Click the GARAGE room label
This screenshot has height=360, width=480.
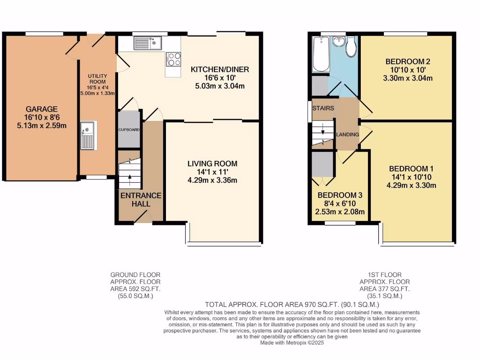pyautogui.click(x=42, y=109)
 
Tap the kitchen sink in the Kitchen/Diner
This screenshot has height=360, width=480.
pyautogui.click(x=147, y=43)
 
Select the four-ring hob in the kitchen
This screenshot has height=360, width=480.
pyautogui.click(x=173, y=59)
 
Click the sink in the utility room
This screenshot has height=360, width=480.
pyautogui.click(x=87, y=135)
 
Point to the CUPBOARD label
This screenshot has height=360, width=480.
pyautogui.click(x=129, y=129)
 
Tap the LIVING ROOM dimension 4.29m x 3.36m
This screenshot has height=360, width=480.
pyautogui.click(x=212, y=180)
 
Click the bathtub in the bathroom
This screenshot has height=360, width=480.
pyautogui.click(x=321, y=55)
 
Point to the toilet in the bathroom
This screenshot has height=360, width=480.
pyautogui.click(x=351, y=47)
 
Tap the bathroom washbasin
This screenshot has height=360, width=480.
pyautogui.click(x=337, y=42)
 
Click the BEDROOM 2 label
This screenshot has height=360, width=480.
pyautogui.click(x=408, y=61)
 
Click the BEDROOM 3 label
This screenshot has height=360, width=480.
pyautogui.click(x=340, y=195)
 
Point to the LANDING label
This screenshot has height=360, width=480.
pyautogui.click(x=347, y=135)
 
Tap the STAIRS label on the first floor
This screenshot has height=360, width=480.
pyautogui.click(x=323, y=108)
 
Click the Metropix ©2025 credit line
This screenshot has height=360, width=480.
pyautogui.click(x=292, y=343)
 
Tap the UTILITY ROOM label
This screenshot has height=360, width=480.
pyautogui.click(x=97, y=79)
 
